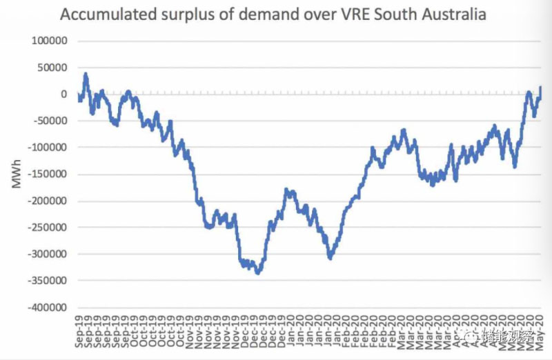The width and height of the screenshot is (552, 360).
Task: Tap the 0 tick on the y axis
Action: pos(63,94)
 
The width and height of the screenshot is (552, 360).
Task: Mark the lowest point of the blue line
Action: pos(258,273)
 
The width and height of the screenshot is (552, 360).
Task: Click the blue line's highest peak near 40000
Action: pos(86,74)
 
